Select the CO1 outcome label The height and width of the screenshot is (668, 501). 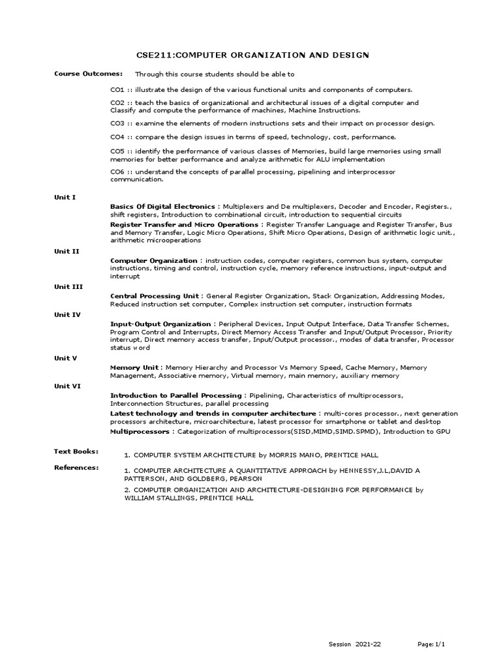[117, 89]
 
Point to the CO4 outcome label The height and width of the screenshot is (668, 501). [117, 137]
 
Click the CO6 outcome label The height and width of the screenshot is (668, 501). [117, 172]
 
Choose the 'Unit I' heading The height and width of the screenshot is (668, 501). [65, 196]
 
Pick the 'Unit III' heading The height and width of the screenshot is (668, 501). [68, 286]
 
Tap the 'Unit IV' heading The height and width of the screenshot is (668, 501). [67, 314]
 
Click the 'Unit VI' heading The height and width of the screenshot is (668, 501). [67, 386]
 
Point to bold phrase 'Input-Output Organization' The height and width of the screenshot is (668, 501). [160, 324]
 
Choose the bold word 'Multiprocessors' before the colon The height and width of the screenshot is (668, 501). [140, 432]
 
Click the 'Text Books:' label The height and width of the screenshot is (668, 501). [76, 451]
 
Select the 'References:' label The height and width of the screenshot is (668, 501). [76, 467]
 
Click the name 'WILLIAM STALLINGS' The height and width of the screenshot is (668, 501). [160, 498]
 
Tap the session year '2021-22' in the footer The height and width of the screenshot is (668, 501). [368, 645]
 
